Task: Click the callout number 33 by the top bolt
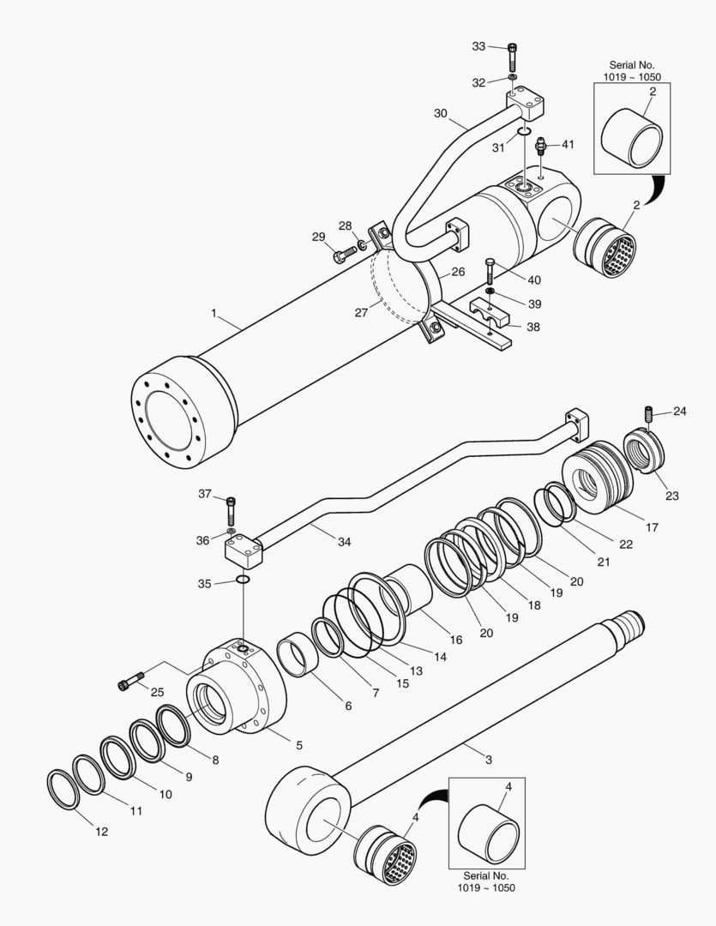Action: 478,45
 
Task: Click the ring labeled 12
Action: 61,788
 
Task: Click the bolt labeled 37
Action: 231,512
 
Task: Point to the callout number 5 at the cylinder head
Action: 298,745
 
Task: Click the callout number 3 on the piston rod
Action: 489,760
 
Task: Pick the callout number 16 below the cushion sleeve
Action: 455,640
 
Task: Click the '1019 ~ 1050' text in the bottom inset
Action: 487,887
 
